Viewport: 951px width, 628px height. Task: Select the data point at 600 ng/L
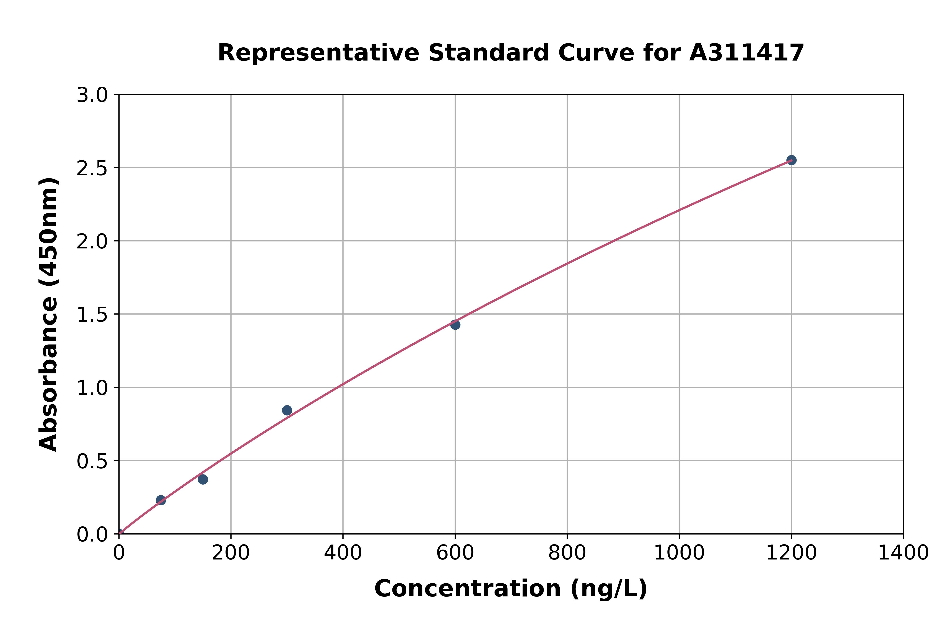pos(455,324)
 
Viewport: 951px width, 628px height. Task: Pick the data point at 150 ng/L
pos(203,479)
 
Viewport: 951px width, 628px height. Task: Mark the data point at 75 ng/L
pos(161,500)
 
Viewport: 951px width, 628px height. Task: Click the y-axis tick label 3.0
pos(92,95)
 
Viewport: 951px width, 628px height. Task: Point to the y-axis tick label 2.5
pos(92,168)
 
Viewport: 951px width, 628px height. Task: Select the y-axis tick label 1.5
pos(92,315)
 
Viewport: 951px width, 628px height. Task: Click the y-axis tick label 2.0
pos(92,241)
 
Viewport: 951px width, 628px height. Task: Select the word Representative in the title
pos(318,53)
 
